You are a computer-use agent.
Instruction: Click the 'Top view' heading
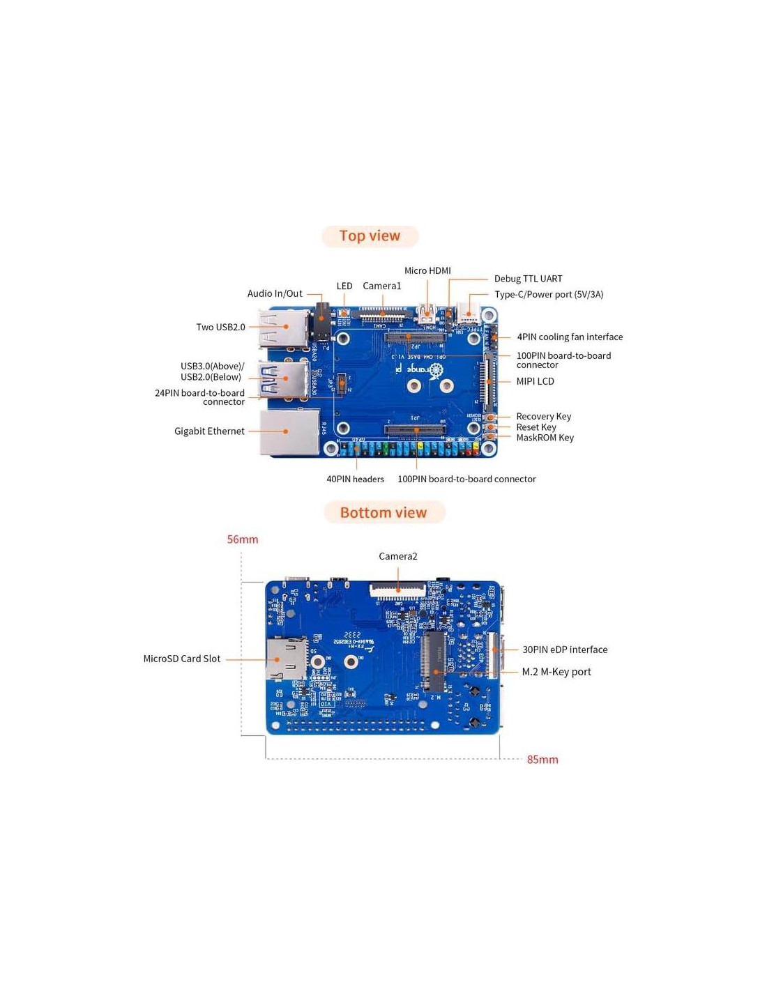370,236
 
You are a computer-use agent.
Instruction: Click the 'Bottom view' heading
383,513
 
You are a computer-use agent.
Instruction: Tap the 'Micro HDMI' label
427,270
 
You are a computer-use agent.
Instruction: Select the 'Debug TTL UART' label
528,279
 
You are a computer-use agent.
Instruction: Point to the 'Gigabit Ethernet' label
209,431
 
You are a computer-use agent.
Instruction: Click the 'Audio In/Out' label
275,293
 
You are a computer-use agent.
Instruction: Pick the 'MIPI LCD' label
535,381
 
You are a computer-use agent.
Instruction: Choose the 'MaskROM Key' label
545,438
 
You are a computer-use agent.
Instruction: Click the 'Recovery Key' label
543,416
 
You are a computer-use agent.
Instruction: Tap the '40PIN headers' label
355,479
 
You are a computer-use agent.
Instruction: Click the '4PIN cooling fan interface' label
570,337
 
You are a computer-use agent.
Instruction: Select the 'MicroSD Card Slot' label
181,659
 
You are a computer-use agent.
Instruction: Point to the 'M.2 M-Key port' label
556,672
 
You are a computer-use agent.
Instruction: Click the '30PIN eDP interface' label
565,650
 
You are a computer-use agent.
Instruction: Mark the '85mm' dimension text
542,760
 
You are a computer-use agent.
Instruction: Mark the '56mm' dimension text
243,539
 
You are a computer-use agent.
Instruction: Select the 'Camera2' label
398,556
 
